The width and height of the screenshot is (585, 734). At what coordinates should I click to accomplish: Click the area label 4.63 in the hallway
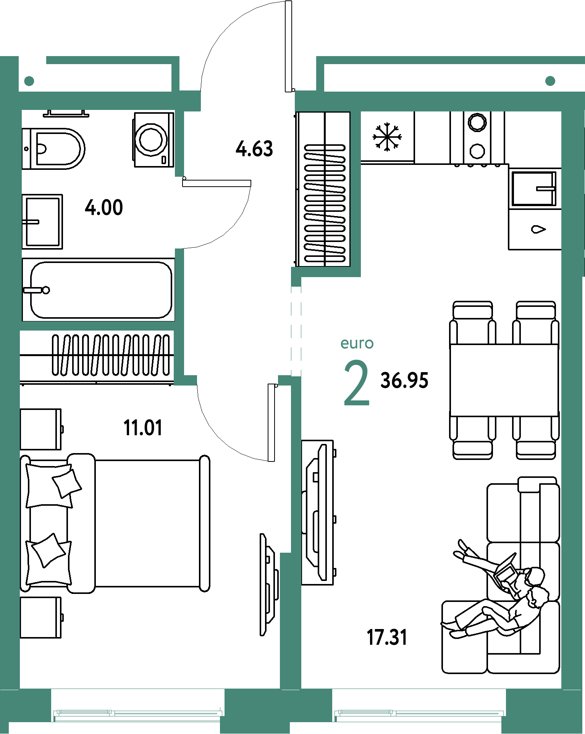[254, 149]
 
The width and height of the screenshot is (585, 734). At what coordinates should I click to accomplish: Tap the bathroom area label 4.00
[104, 208]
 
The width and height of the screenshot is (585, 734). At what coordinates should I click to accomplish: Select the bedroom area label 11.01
[143, 428]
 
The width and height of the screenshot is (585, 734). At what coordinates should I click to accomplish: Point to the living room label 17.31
[387, 637]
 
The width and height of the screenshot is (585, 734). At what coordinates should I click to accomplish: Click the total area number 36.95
[404, 381]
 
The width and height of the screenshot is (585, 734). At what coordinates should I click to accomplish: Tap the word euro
[357, 344]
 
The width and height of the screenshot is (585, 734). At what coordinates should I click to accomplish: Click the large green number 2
[357, 383]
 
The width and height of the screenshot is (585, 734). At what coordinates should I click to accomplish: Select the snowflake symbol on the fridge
[387, 137]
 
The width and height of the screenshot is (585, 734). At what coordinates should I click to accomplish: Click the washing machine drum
[151, 139]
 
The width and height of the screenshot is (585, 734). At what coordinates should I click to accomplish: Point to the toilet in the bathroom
[53, 149]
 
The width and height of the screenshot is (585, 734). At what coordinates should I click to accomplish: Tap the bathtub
[99, 290]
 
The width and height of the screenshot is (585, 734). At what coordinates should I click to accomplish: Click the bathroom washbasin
[42, 221]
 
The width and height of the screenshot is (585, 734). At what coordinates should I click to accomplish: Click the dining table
[504, 380]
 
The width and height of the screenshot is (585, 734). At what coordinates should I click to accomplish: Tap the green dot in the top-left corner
[29, 81]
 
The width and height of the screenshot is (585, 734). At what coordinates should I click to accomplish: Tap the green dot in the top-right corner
[550, 81]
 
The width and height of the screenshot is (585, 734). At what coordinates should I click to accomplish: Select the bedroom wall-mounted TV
[268, 584]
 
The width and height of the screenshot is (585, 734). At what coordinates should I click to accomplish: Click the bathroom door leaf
[217, 183]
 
